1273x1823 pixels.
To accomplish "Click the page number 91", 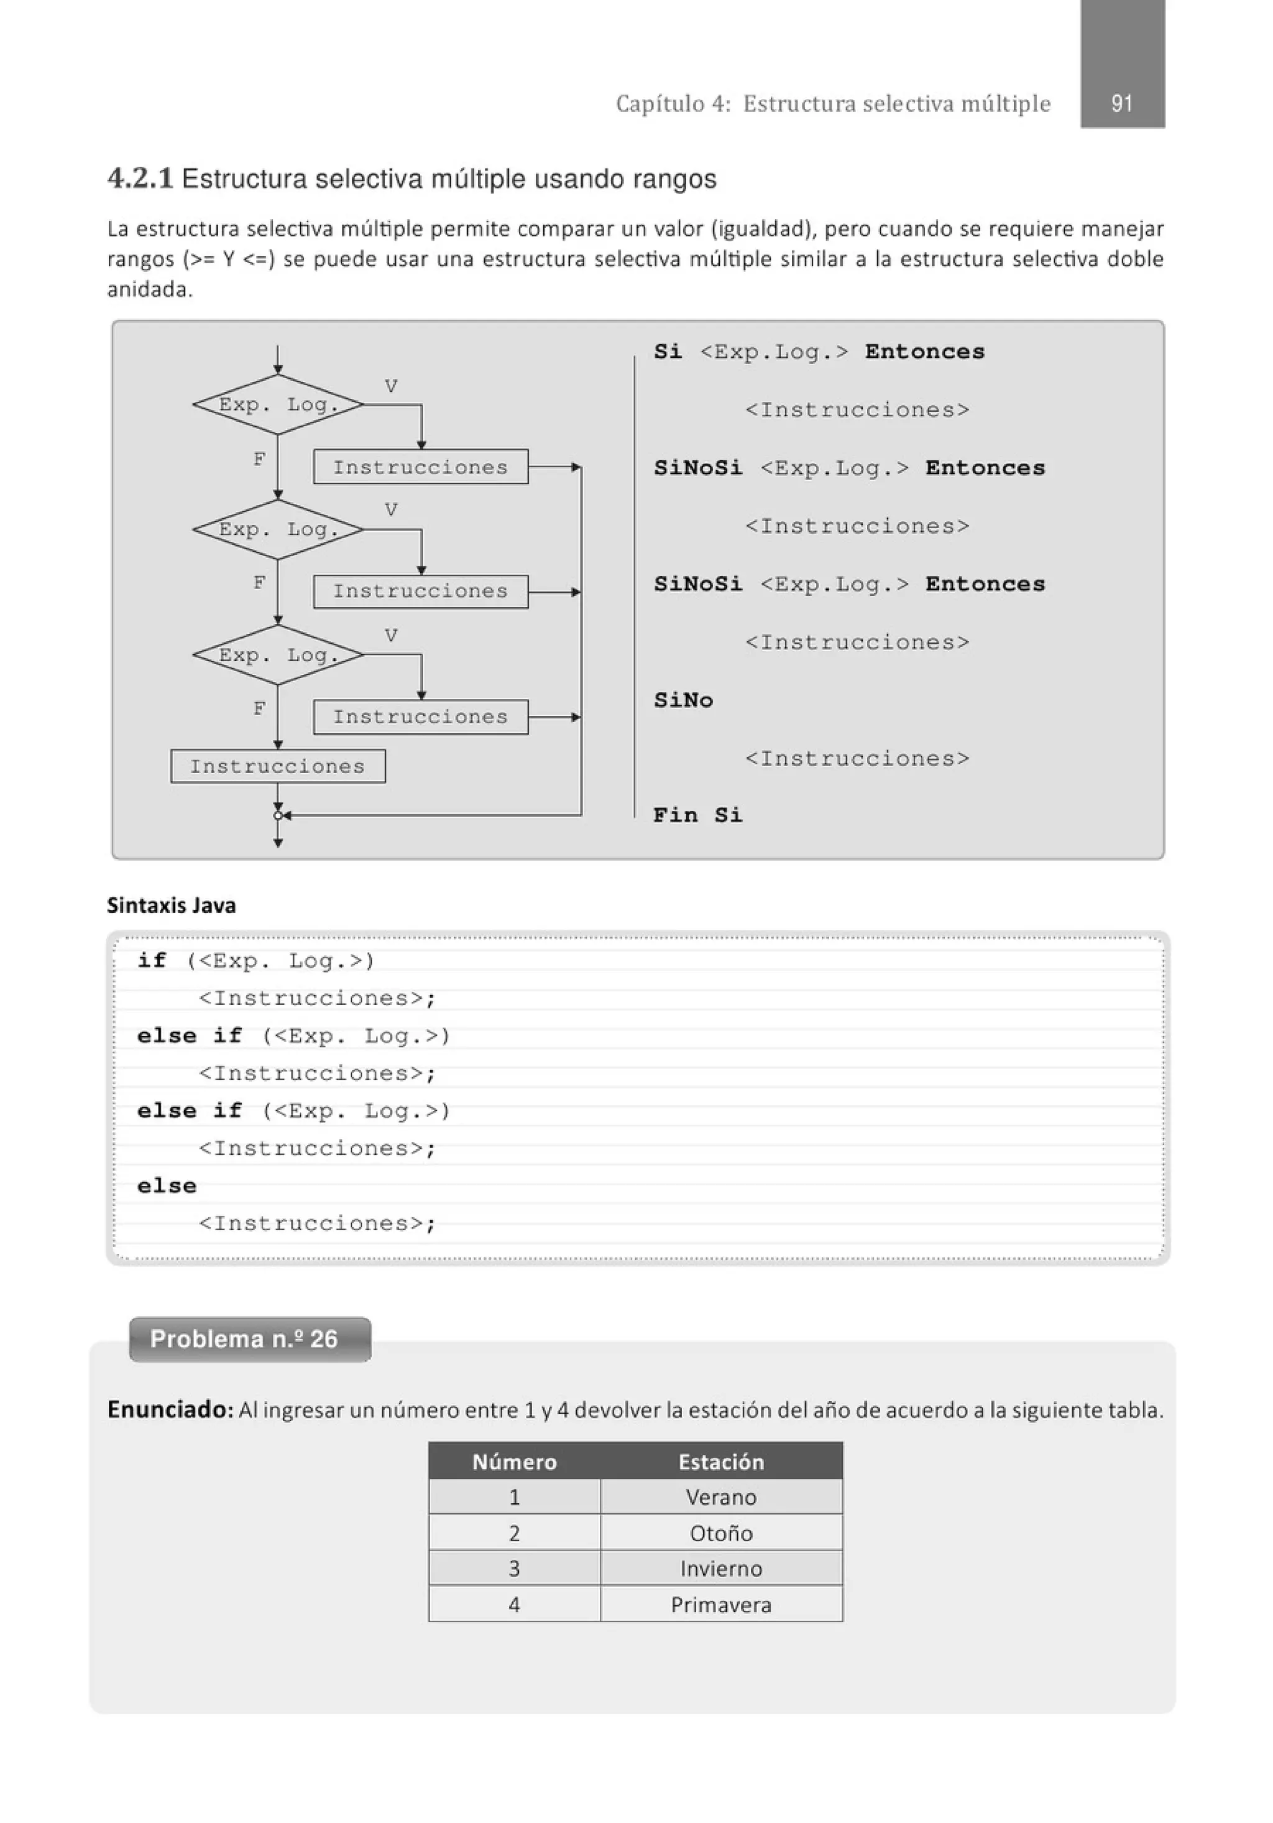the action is point(1121,103).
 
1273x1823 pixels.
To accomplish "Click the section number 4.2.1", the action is point(140,179).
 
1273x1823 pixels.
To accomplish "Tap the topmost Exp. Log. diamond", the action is point(278,405).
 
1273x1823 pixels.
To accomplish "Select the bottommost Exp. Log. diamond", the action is point(278,655).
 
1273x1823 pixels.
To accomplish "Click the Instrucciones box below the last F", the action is point(278,766).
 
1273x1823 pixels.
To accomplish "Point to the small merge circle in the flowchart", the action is point(278,815).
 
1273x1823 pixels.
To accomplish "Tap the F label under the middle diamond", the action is point(259,583).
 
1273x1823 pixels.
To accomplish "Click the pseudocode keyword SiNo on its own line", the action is point(683,700).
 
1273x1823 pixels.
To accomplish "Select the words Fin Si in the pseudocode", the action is point(697,815).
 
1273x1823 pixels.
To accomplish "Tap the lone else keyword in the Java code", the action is point(167,1185).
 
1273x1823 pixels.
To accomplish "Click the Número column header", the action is point(514,1462).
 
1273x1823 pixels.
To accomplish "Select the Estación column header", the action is point(720,1462).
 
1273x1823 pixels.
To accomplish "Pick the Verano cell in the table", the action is point(720,1498).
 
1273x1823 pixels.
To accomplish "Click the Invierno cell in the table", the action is point(720,1569).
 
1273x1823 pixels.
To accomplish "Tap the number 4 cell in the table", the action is point(514,1605).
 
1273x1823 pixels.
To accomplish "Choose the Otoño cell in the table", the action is point(720,1533).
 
